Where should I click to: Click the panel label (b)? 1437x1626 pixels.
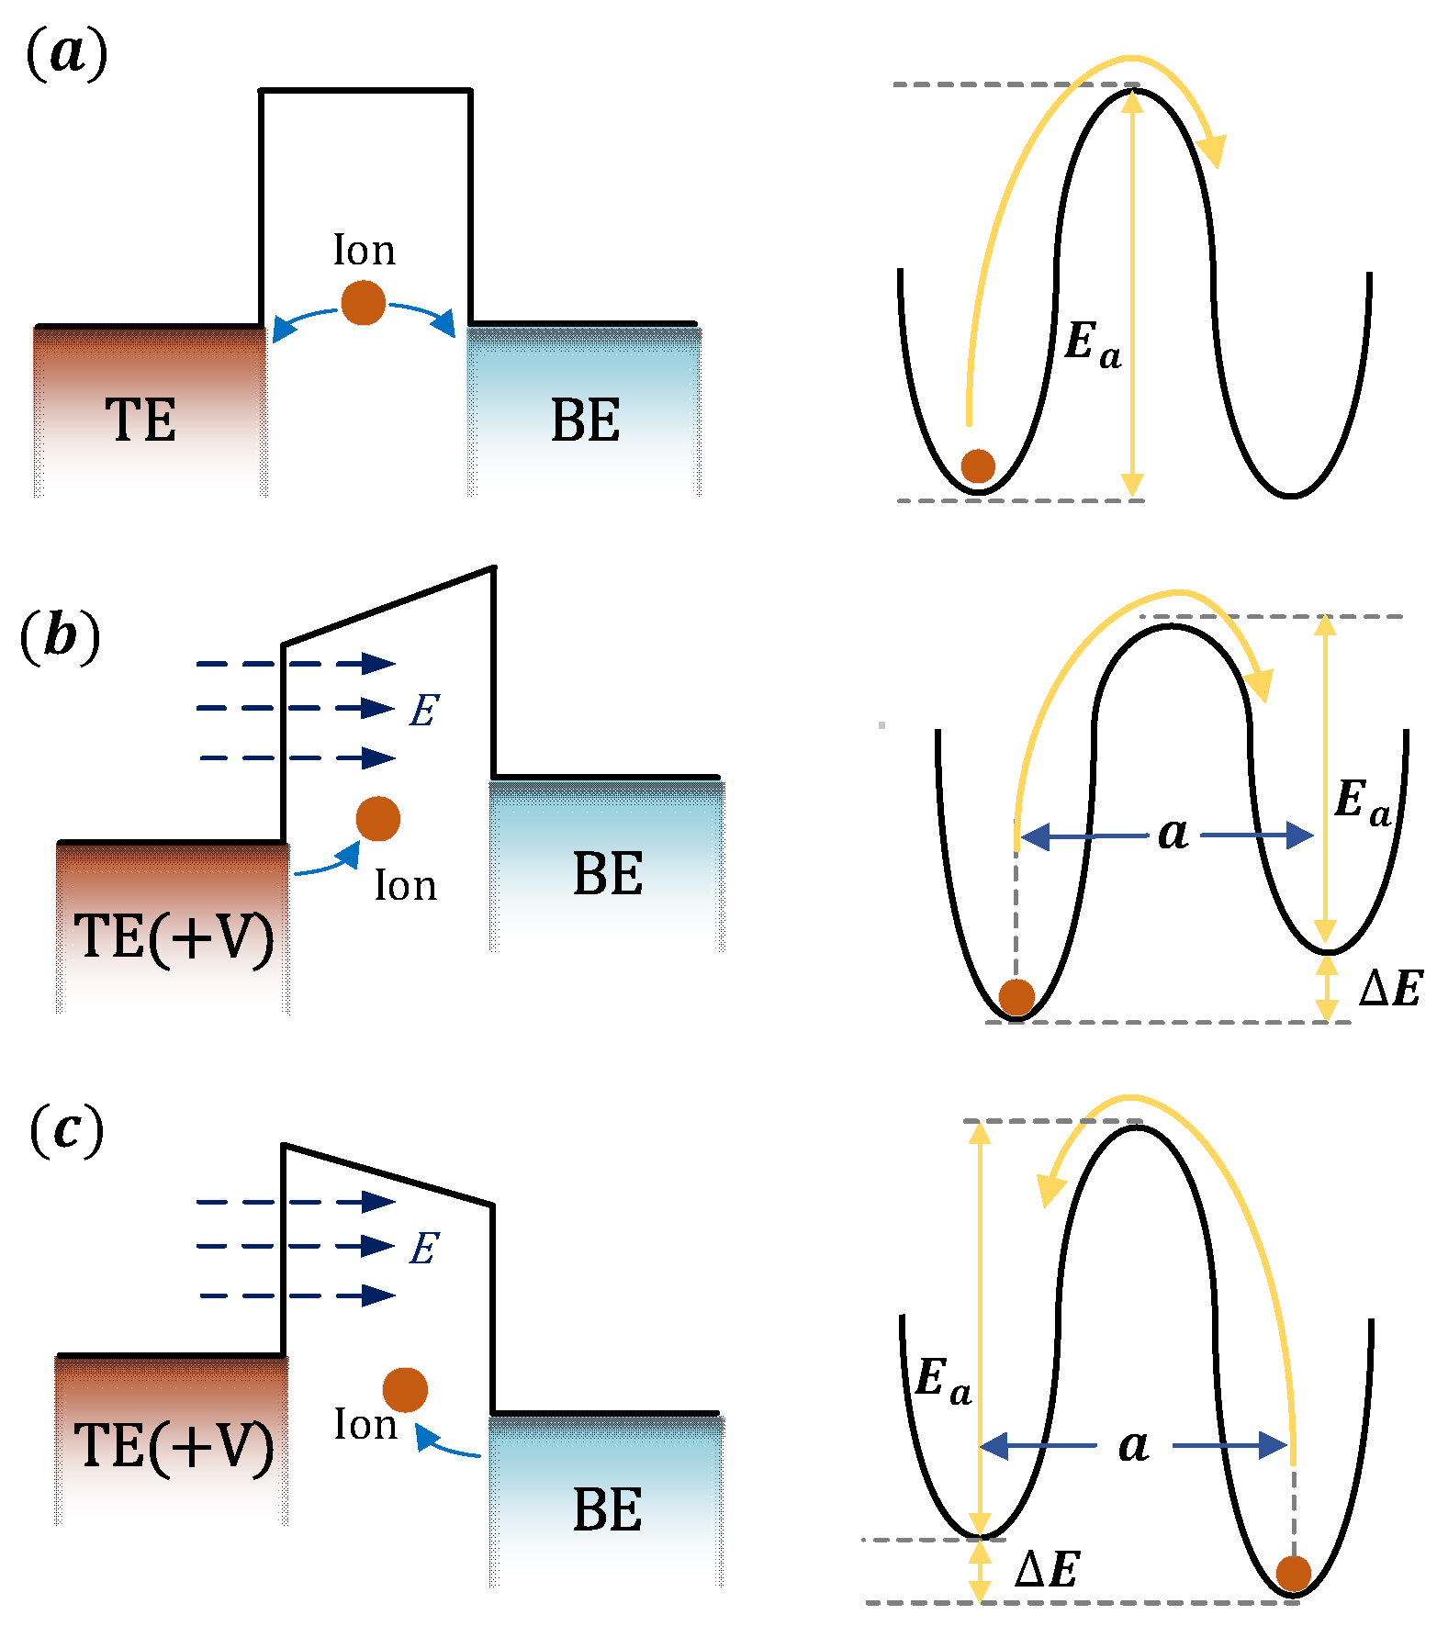point(60,636)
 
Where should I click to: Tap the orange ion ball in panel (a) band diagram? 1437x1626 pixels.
point(363,303)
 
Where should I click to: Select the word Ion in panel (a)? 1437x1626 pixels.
point(365,251)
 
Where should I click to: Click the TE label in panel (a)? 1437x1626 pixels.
point(140,421)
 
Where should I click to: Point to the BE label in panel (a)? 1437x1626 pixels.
point(585,421)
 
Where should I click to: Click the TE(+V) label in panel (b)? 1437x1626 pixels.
point(174,937)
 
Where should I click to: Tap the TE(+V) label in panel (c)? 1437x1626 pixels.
point(174,1446)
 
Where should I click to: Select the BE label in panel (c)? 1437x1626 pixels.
point(607,1509)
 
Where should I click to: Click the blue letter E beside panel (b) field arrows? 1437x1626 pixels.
point(423,711)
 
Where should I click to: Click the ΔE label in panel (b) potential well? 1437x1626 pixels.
point(1390,989)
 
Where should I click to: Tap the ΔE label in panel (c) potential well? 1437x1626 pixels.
point(1047,1569)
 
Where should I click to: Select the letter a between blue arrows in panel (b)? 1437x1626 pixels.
point(1173,834)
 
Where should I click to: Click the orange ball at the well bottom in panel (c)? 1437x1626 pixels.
point(1293,1573)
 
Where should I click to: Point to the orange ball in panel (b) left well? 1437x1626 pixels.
point(1016,996)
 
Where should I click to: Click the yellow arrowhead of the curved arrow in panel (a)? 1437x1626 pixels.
point(1214,151)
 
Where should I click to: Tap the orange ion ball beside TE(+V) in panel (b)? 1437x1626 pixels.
point(377,818)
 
